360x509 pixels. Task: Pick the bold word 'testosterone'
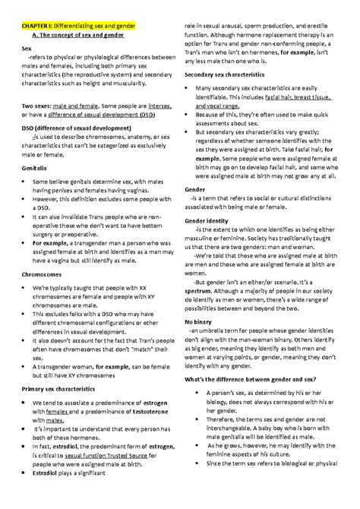click(x=147, y=413)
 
